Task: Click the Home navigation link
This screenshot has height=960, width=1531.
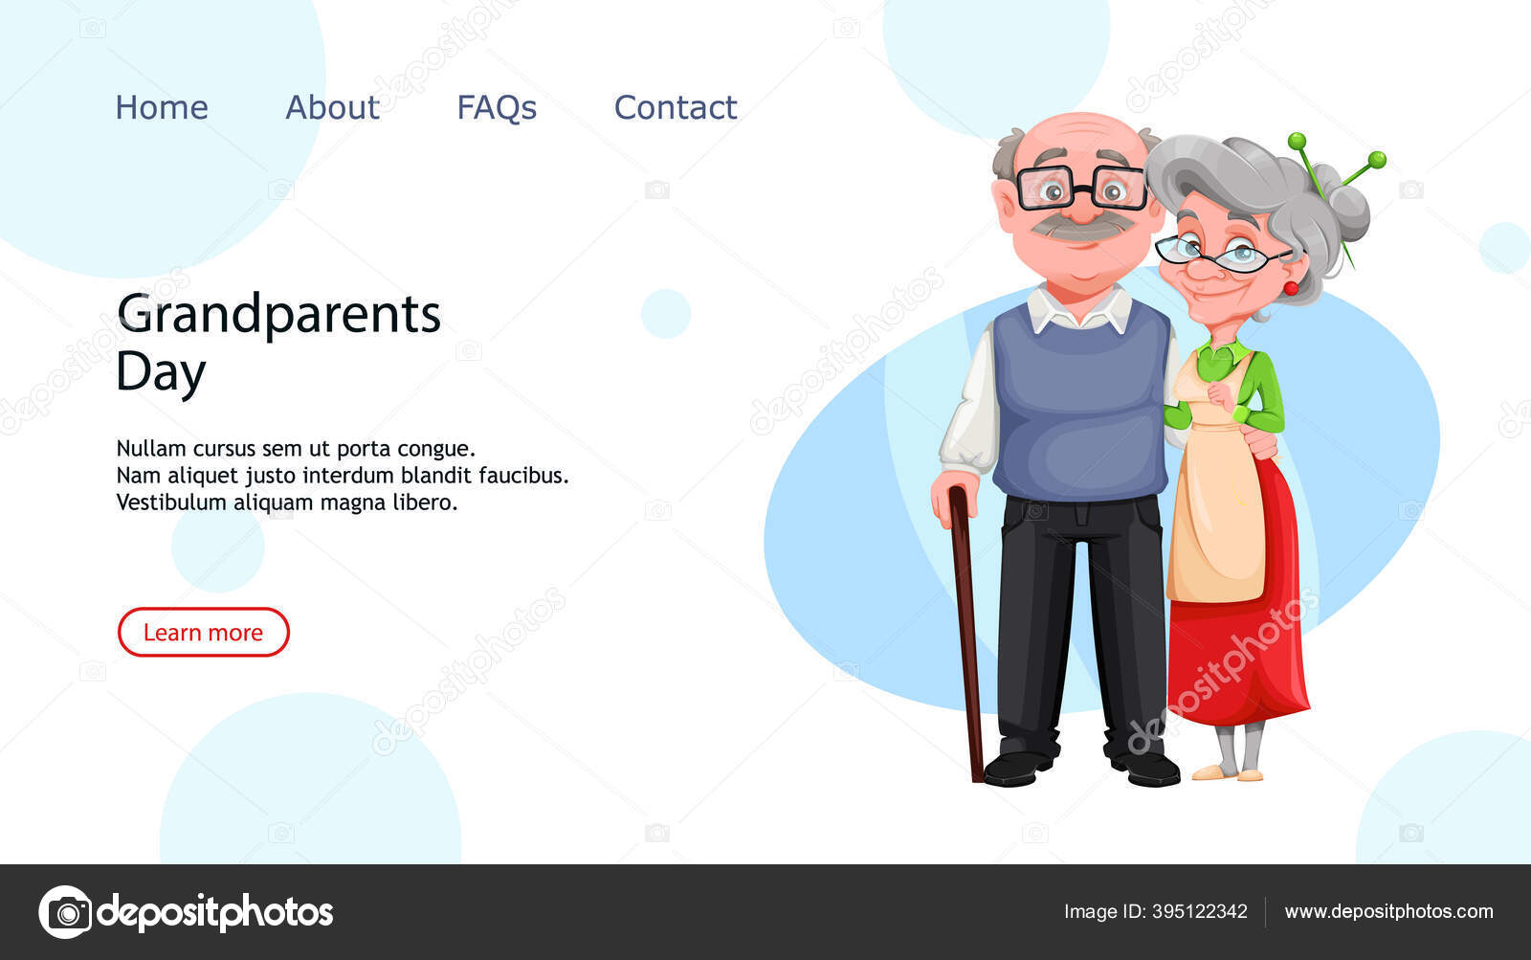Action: point(162,107)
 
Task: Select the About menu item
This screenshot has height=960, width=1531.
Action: point(332,107)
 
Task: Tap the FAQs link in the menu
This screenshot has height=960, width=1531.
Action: point(497,108)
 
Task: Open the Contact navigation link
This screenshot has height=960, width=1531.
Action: point(676,107)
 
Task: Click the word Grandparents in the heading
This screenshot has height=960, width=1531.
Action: point(278,315)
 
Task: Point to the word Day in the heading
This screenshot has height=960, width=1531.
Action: point(162,372)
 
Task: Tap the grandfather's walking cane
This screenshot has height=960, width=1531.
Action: point(965,633)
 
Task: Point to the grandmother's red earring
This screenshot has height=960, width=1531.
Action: point(1291,288)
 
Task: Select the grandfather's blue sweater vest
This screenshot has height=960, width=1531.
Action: point(1081,403)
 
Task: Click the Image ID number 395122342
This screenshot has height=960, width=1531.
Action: point(1200,911)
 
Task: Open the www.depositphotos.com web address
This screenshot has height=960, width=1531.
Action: point(1388,911)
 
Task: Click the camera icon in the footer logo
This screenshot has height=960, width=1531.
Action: point(66,912)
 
